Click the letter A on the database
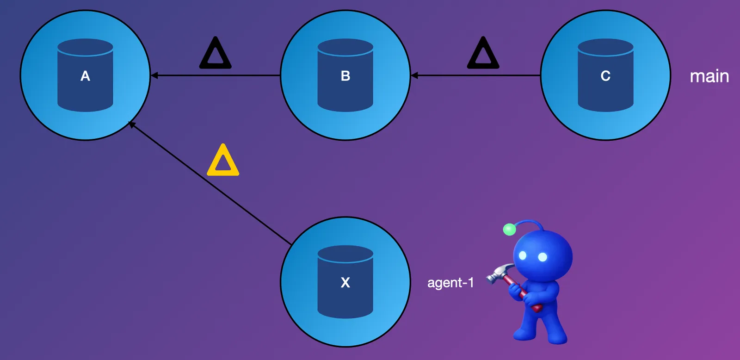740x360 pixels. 85,76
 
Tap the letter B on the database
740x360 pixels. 345,76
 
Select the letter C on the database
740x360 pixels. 605,76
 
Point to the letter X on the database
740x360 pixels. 345,282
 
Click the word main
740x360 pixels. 709,76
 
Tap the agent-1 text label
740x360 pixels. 450,282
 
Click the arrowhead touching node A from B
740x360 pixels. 154,75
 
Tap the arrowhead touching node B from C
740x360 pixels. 414,75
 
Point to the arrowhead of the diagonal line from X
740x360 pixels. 132,124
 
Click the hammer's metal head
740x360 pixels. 499,273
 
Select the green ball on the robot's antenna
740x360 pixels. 509,229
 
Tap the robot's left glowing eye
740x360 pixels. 523,255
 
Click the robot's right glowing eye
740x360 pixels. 543,257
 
